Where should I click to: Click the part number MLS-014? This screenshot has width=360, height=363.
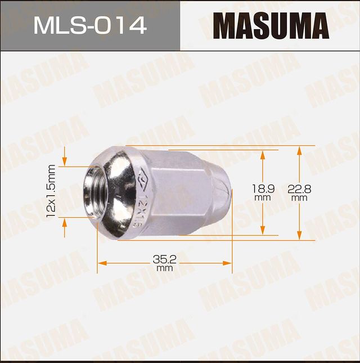point(90,25)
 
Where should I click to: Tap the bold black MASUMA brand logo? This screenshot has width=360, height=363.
point(271,26)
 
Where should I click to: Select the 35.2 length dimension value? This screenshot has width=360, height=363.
point(165,259)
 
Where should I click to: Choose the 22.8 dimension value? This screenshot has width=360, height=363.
point(299,190)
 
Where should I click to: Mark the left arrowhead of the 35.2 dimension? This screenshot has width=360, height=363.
point(101,263)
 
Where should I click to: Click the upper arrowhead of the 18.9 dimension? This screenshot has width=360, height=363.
point(263,154)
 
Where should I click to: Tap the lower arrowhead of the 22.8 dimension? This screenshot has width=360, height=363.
point(299,236)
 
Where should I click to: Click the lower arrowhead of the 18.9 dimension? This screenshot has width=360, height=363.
point(263,231)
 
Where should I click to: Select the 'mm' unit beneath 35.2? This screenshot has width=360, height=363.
point(165,268)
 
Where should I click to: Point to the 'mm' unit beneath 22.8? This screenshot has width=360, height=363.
point(299,198)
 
